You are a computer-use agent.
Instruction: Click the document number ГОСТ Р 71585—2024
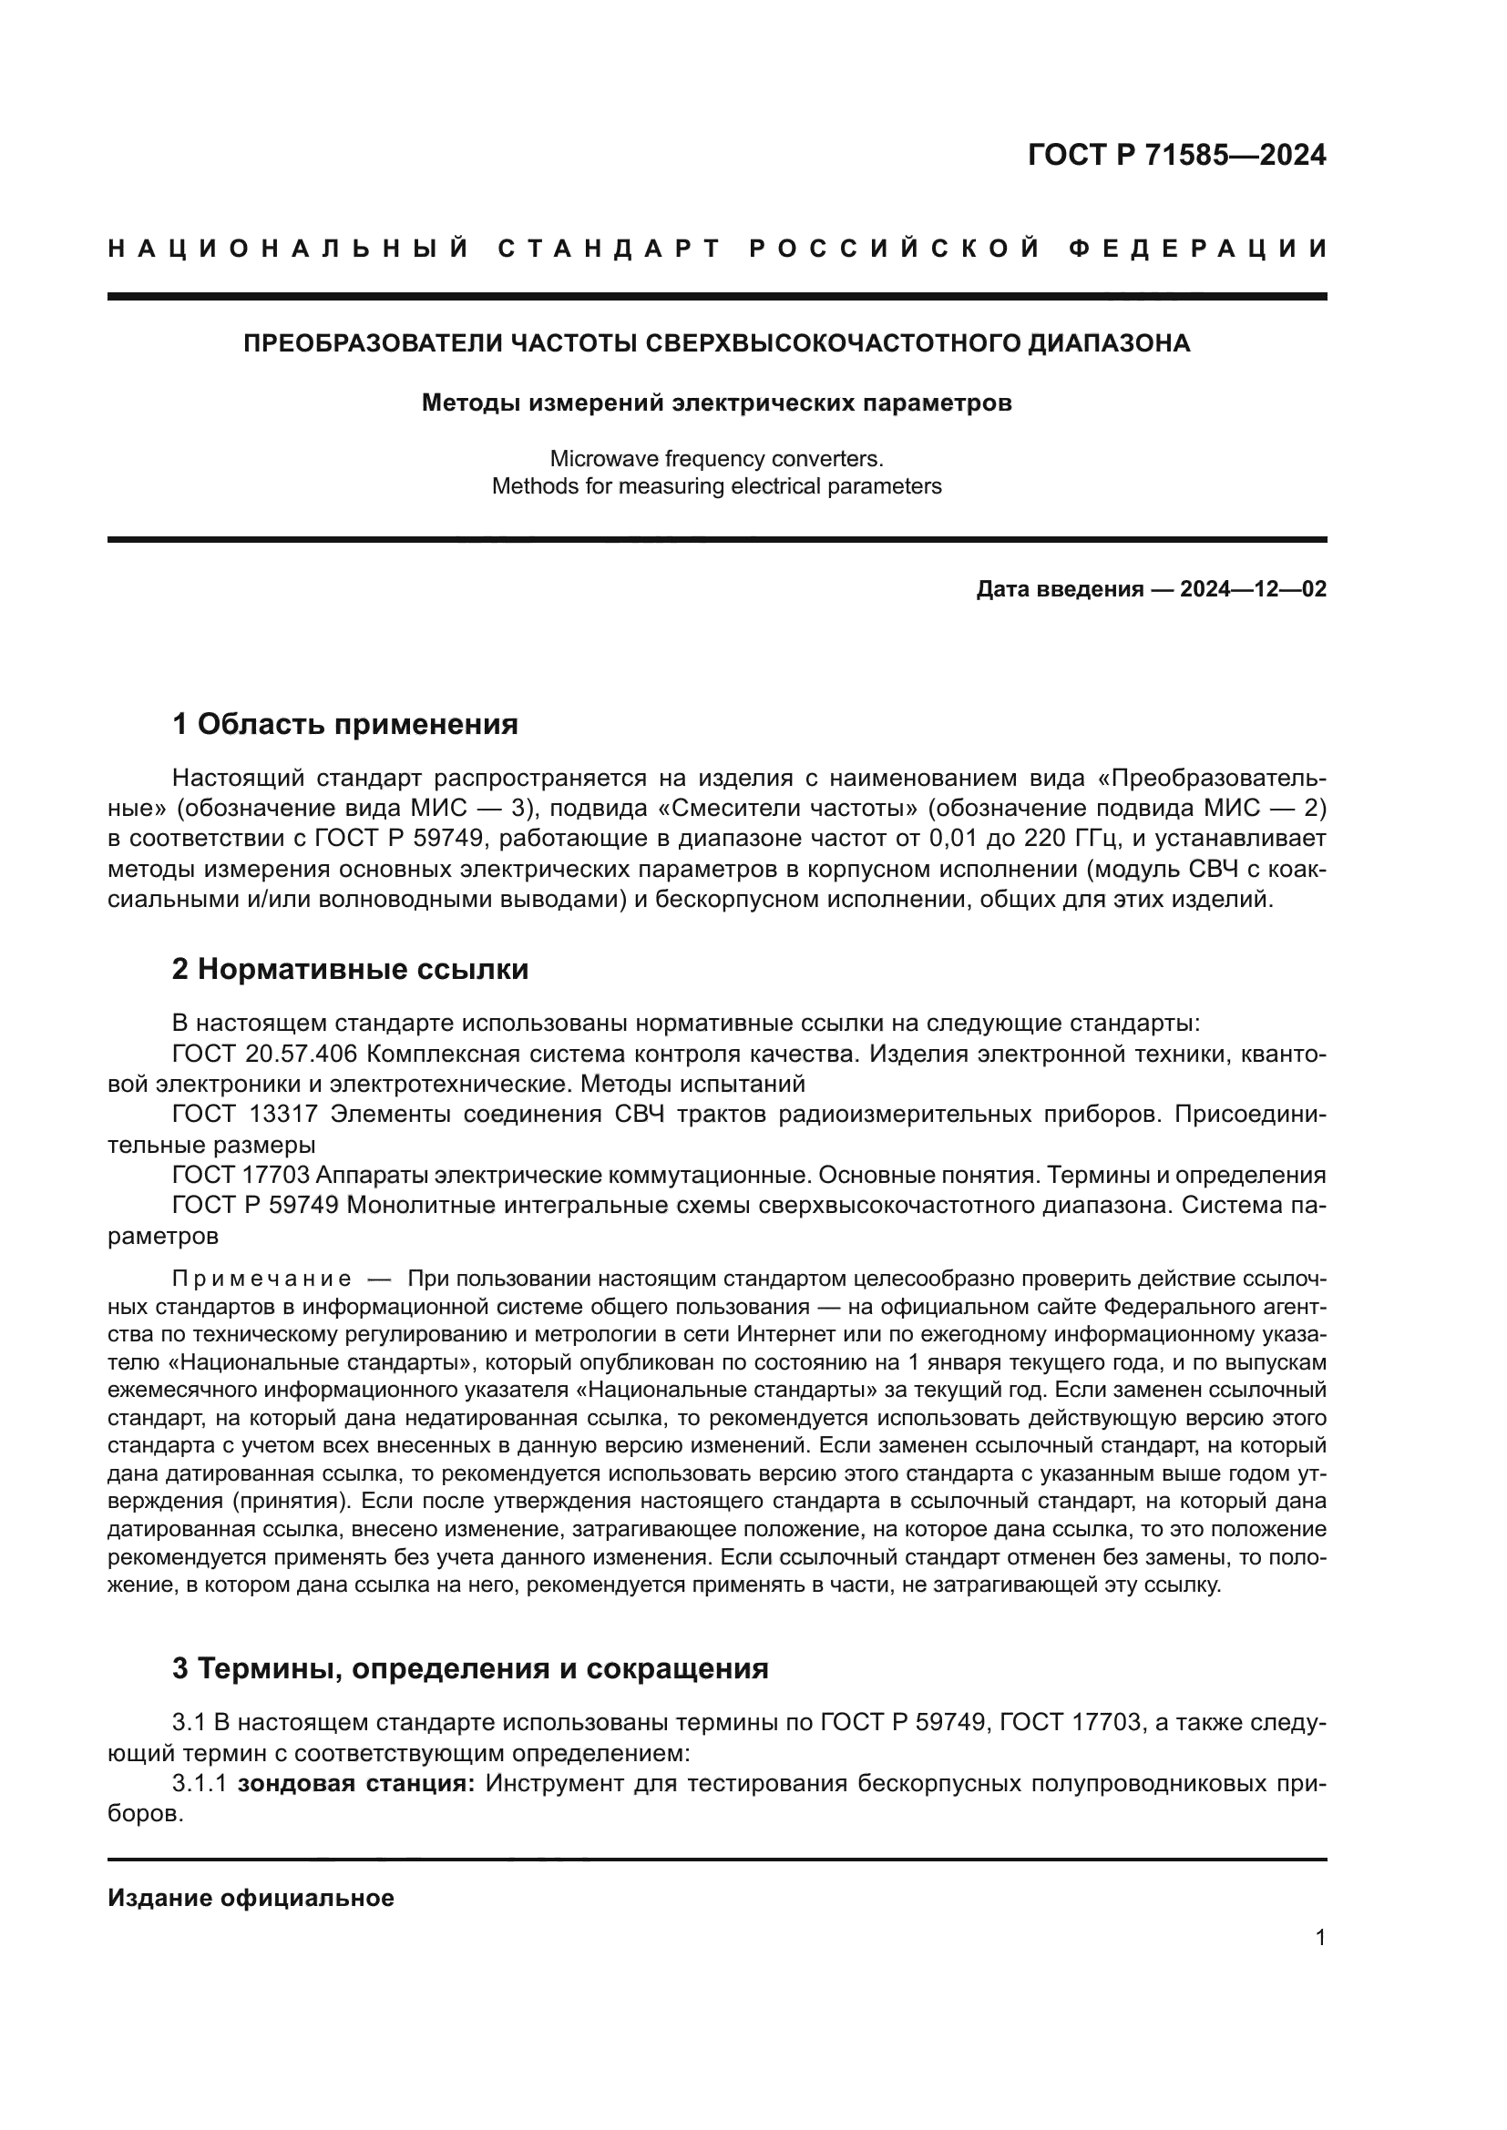click(1175, 155)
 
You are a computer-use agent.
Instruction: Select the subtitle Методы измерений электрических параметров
click(715, 403)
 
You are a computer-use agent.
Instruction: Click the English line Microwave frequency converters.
click(715, 458)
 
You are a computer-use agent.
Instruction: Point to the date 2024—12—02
click(1253, 589)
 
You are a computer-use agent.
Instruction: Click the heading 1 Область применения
click(344, 724)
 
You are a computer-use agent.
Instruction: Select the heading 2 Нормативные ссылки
click(350, 970)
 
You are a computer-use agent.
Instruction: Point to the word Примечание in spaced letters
click(261, 1279)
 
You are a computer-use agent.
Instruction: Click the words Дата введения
click(1059, 589)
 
